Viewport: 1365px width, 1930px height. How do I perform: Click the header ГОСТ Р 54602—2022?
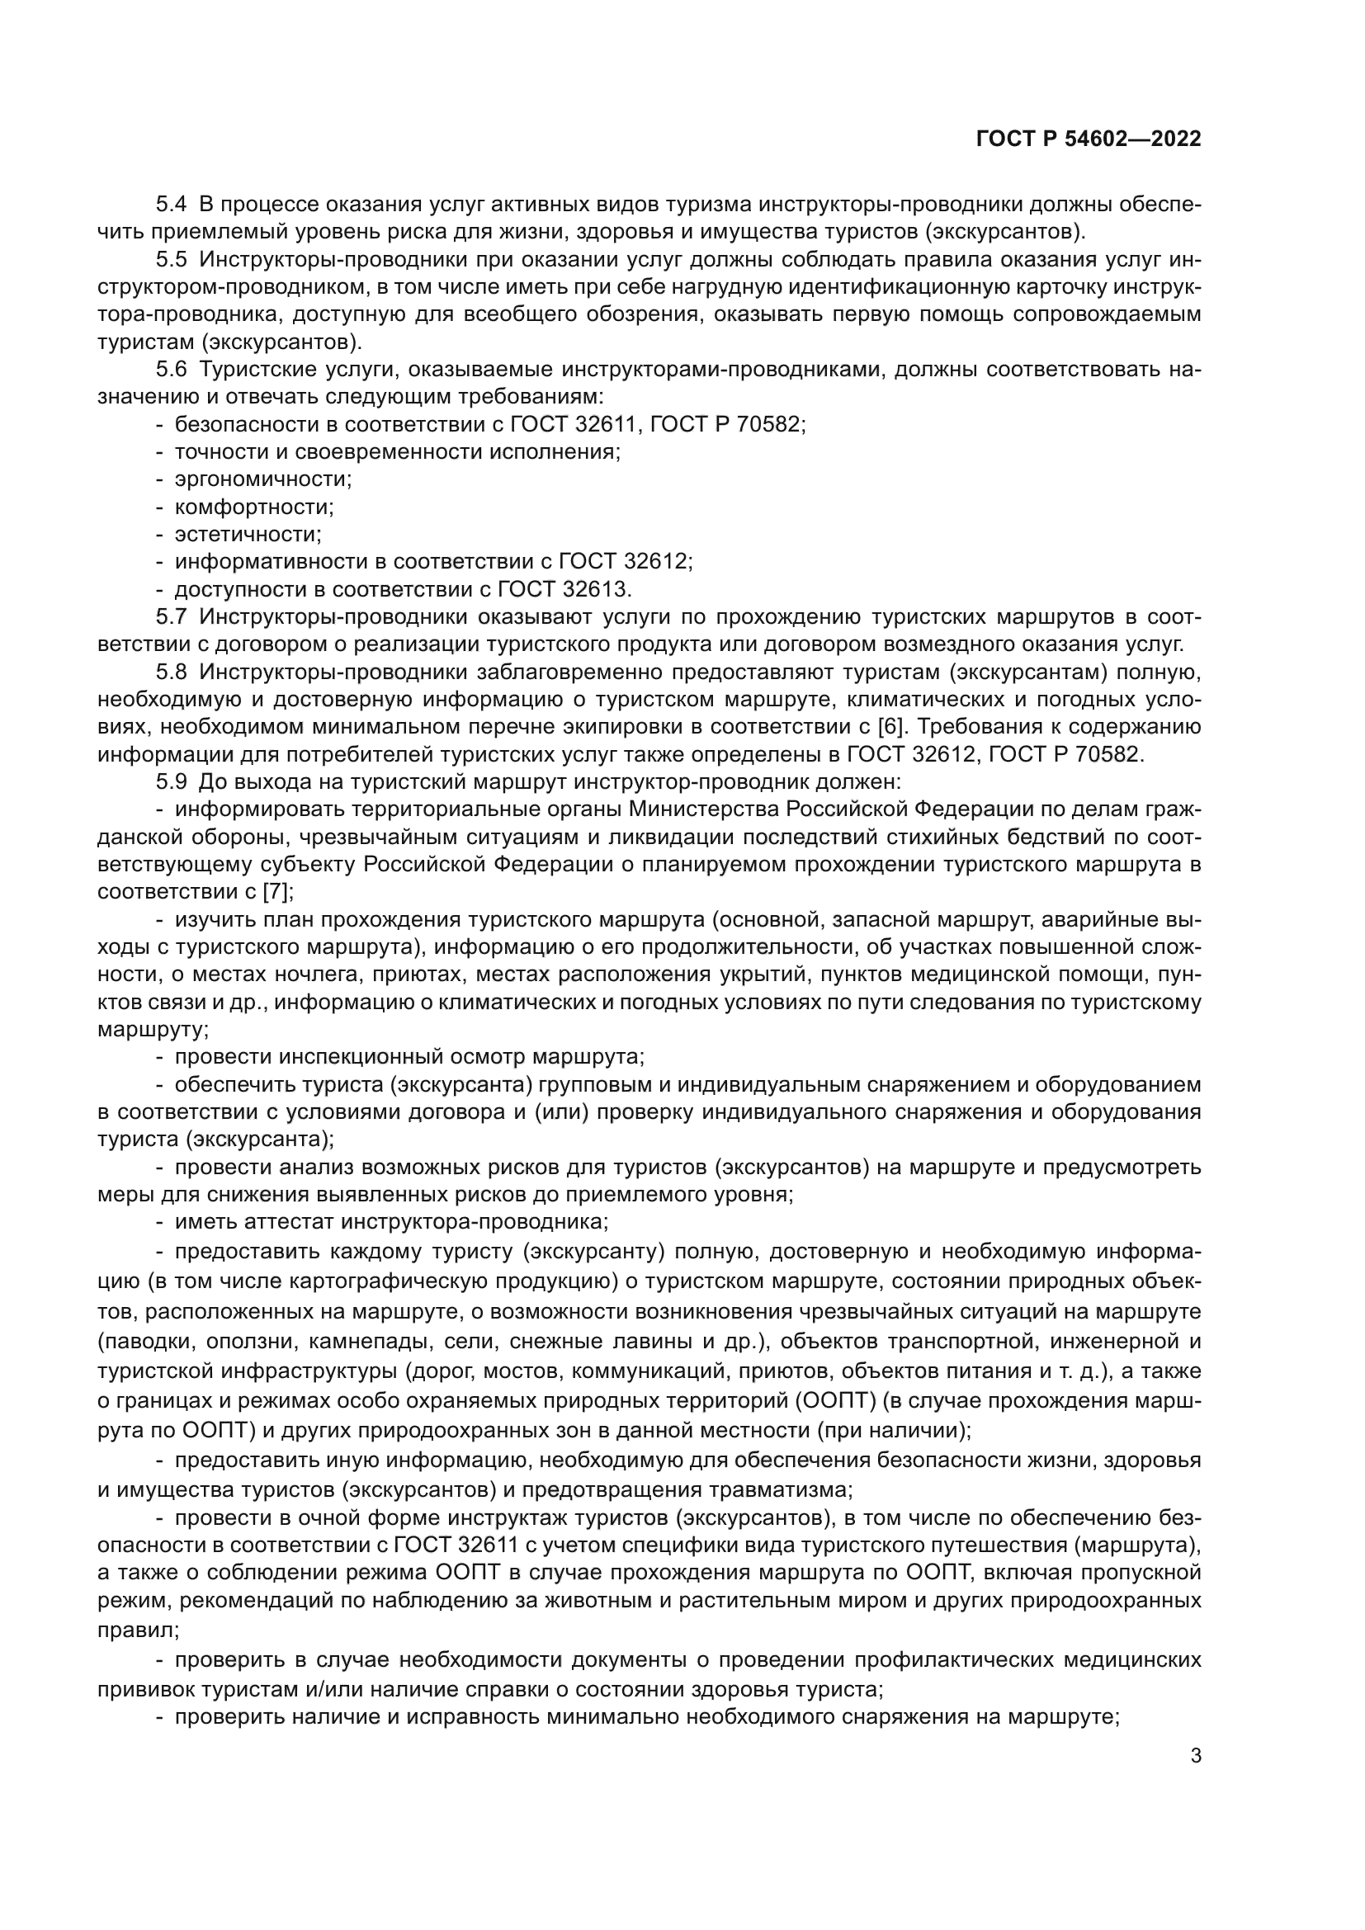pyautogui.click(x=1089, y=139)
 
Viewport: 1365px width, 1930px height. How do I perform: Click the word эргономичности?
pyautogui.click(x=262, y=480)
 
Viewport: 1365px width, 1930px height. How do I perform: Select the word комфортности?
pyautogui.click(x=254, y=507)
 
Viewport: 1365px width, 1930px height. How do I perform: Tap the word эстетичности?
pyautogui.click(x=248, y=535)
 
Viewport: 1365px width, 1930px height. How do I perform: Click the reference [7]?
pyautogui.click(x=278, y=891)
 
